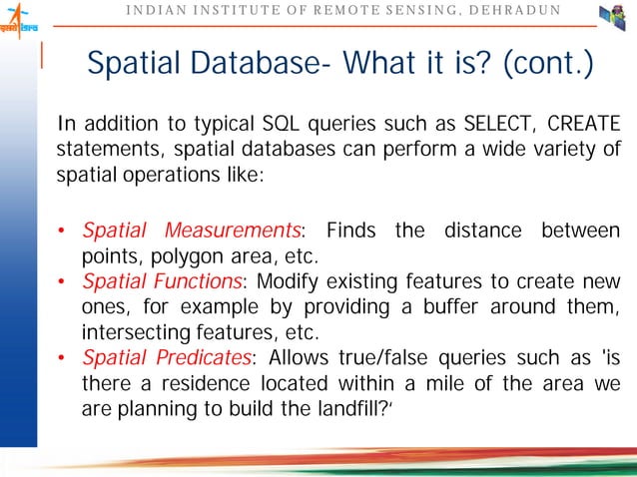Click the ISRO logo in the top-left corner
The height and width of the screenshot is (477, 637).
point(19,20)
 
